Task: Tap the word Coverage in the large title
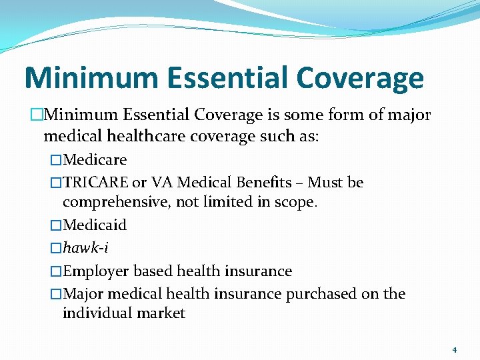(360, 78)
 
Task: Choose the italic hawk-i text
(85, 248)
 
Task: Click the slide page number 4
(454, 350)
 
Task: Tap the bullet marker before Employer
(56, 271)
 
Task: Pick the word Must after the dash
(327, 183)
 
